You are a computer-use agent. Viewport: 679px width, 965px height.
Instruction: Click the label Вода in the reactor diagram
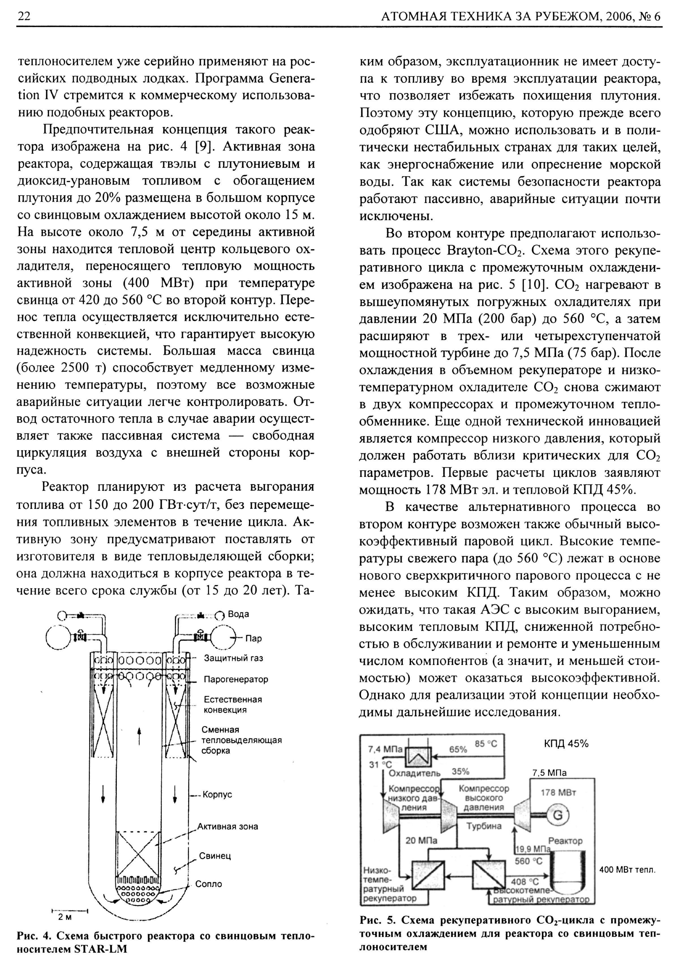click(238, 614)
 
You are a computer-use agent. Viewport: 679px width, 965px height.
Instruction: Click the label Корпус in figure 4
click(217, 795)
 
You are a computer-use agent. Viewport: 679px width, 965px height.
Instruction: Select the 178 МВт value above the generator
click(558, 793)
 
